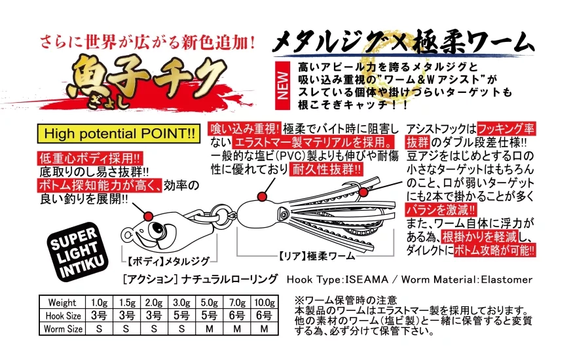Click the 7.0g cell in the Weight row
[x=237, y=302]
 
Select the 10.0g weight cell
[x=265, y=302]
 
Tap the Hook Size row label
[x=63, y=315]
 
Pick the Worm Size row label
[x=63, y=329]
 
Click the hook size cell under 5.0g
[x=210, y=315]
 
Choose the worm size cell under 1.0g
[x=99, y=329]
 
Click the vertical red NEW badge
[x=282, y=85]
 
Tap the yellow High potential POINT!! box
[x=119, y=134]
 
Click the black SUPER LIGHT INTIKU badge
[x=77, y=253]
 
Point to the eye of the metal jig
[x=158, y=229]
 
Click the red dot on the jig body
[x=149, y=216]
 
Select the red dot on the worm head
[x=261, y=197]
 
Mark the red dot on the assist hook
[x=363, y=192]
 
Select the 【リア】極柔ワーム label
[x=316, y=256]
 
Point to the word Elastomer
[x=507, y=279]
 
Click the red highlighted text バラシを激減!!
[x=441, y=210]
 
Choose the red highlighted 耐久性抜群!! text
[x=326, y=169]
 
